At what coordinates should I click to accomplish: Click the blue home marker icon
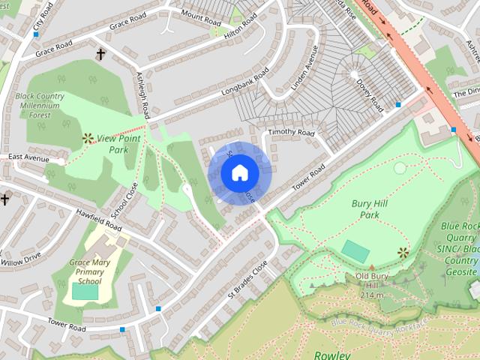239,173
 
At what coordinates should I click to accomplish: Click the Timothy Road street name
292,132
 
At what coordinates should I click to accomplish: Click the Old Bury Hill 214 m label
370,285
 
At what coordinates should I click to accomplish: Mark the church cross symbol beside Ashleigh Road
100,54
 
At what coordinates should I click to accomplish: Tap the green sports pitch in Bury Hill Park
355,251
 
